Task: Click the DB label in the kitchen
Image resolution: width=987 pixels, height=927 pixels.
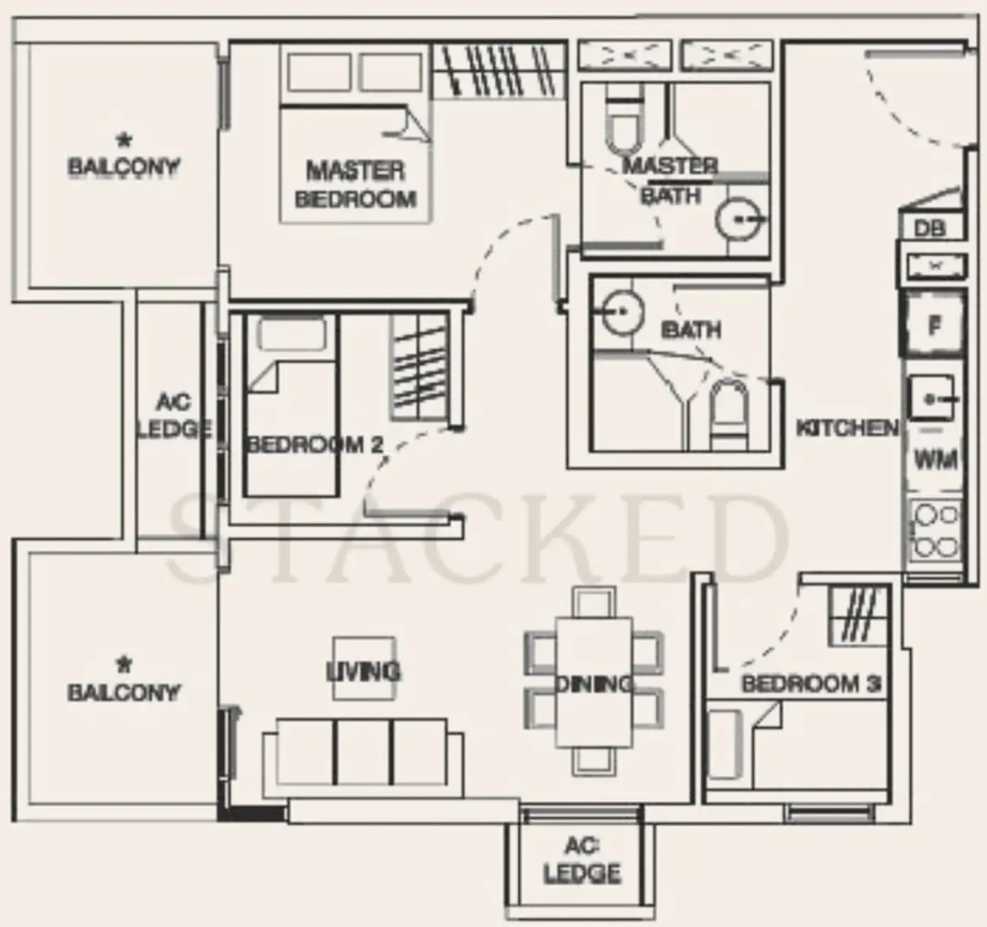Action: pyautogui.click(x=931, y=228)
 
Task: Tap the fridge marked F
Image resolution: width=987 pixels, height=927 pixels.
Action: pyautogui.click(x=935, y=324)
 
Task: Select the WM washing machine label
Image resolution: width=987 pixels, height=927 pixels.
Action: pyautogui.click(x=935, y=461)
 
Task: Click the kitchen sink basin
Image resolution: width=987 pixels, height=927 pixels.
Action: pyautogui.click(x=931, y=398)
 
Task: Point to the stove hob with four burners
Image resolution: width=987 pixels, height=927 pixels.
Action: pyautogui.click(x=935, y=530)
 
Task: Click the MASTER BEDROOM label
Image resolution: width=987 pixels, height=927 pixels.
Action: pyautogui.click(x=355, y=184)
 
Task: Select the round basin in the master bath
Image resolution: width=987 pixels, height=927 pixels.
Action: pyautogui.click(x=738, y=219)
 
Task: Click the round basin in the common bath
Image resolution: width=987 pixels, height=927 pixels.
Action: pyautogui.click(x=623, y=311)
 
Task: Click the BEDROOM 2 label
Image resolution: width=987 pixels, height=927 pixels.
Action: pyautogui.click(x=314, y=445)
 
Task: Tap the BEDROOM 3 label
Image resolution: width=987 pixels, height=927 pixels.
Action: pyautogui.click(x=810, y=684)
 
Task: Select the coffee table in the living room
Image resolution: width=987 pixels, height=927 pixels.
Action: pyautogui.click(x=364, y=668)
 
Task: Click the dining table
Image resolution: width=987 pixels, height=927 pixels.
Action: pyautogui.click(x=594, y=682)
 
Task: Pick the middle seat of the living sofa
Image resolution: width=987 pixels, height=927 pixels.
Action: pyautogui.click(x=364, y=752)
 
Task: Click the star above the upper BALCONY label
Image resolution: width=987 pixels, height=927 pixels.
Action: pyautogui.click(x=124, y=140)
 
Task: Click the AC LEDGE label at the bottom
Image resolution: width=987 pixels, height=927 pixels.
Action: pyautogui.click(x=582, y=859)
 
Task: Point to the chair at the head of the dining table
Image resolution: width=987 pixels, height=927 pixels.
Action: pyautogui.click(x=594, y=601)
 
